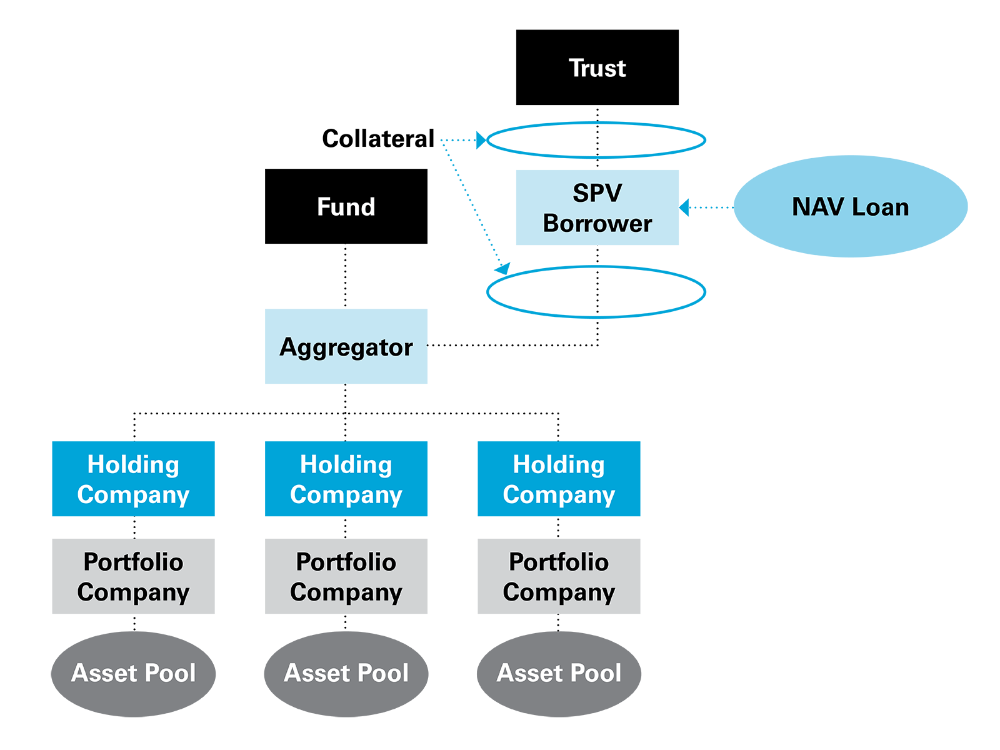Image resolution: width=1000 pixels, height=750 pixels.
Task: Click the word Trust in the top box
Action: pyautogui.click(x=597, y=68)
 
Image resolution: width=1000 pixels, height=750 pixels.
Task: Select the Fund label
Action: pyautogui.click(x=346, y=207)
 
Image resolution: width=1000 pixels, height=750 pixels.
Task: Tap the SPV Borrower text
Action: pyautogui.click(x=597, y=208)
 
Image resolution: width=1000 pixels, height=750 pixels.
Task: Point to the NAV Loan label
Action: pyautogui.click(x=850, y=207)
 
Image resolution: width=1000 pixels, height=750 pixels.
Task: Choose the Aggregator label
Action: pyautogui.click(x=346, y=347)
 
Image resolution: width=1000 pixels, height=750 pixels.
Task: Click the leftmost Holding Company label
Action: pyautogui.click(x=133, y=479)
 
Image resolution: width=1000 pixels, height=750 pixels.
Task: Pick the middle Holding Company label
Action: pyautogui.click(x=346, y=479)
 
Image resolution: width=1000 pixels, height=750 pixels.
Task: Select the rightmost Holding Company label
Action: pyautogui.click(x=559, y=479)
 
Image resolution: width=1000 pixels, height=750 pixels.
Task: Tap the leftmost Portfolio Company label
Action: pyautogui.click(x=133, y=577)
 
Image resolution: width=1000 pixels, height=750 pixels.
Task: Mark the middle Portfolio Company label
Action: pyautogui.click(x=346, y=577)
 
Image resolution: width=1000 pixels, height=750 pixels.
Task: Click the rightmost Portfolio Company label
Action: pyautogui.click(x=559, y=577)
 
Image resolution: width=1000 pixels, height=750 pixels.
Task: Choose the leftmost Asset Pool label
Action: pyautogui.click(x=133, y=673)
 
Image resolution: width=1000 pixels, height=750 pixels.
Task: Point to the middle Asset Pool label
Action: pyautogui.click(x=346, y=673)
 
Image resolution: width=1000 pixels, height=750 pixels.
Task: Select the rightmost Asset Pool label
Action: pyautogui.click(x=559, y=673)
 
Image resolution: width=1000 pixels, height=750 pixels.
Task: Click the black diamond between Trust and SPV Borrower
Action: pyautogui.click(x=597, y=140)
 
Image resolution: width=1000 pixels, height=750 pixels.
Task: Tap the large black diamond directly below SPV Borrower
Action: pyautogui.click(x=597, y=291)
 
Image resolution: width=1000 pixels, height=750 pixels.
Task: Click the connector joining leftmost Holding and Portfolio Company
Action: pyautogui.click(x=134, y=527)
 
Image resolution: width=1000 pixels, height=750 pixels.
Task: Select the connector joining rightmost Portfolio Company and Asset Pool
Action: pyautogui.click(x=558, y=622)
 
